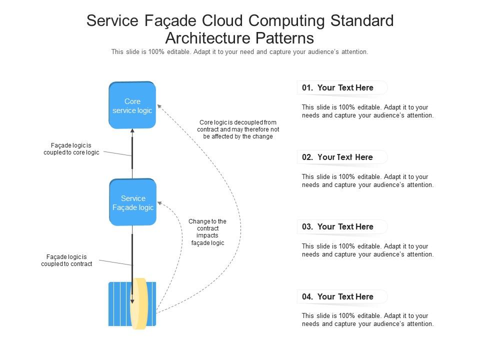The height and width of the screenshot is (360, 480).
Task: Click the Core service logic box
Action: pyautogui.click(x=132, y=105)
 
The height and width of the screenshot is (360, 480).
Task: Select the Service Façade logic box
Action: pyautogui.click(x=132, y=202)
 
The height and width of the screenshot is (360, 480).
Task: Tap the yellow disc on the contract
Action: pyautogui.click(x=138, y=303)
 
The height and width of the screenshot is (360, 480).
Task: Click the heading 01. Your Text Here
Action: pyautogui.click(x=338, y=88)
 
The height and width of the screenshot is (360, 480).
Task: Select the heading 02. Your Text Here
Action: pyautogui.click(x=338, y=157)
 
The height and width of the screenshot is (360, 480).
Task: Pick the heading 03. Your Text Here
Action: pyautogui.click(x=338, y=227)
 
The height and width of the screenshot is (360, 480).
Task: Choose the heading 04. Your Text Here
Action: pyautogui.click(x=338, y=297)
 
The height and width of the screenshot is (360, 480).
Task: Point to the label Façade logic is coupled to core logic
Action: pyautogui.click(x=71, y=149)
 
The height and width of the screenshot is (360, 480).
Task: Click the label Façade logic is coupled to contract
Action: pyautogui.click(x=66, y=260)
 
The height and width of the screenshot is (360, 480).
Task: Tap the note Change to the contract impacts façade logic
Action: pyautogui.click(x=207, y=232)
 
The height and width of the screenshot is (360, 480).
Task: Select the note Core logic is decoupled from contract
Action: pyautogui.click(x=238, y=129)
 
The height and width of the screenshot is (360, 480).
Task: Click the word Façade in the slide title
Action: pyautogui.click(x=172, y=21)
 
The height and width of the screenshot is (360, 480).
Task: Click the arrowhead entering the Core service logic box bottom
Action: pyautogui.click(x=132, y=131)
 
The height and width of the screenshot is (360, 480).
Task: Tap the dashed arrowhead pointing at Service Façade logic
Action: pyautogui.click(x=159, y=203)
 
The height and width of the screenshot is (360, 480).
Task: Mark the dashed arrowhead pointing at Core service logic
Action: pyautogui.click(x=159, y=106)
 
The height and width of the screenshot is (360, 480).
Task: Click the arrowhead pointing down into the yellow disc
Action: pyautogui.click(x=132, y=301)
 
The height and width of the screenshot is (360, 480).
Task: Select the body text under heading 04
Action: pyautogui.click(x=367, y=320)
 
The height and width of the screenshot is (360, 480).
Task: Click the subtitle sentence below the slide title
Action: pyautogui.click(x=239, y=52)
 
